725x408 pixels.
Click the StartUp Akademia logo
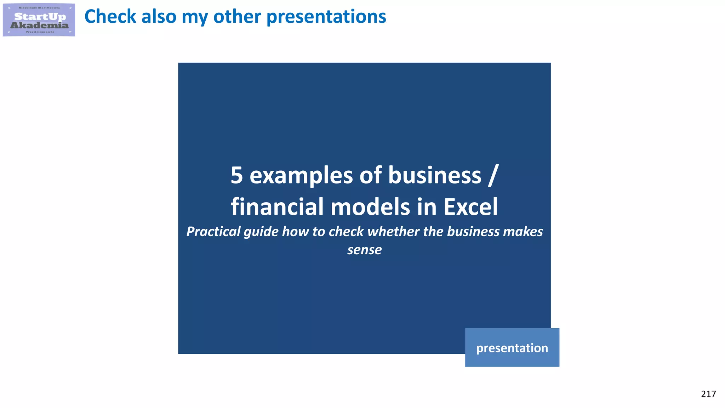coord(39,20)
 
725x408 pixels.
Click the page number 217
coord(708,394)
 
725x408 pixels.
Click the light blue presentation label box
coord(512,348)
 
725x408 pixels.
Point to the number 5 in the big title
coord(237,175)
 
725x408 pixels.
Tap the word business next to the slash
coord(435,175)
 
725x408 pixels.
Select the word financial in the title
coord(278,207)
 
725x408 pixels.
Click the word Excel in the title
coord(471,207)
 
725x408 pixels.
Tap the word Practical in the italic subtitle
coord(213,232)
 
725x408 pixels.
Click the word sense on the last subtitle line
coord(364,250)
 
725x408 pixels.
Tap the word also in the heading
coord(159,16)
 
